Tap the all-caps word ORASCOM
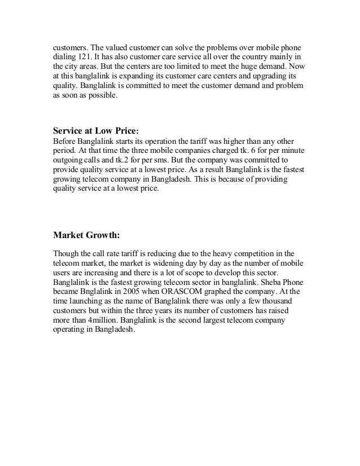pos(187,290)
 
